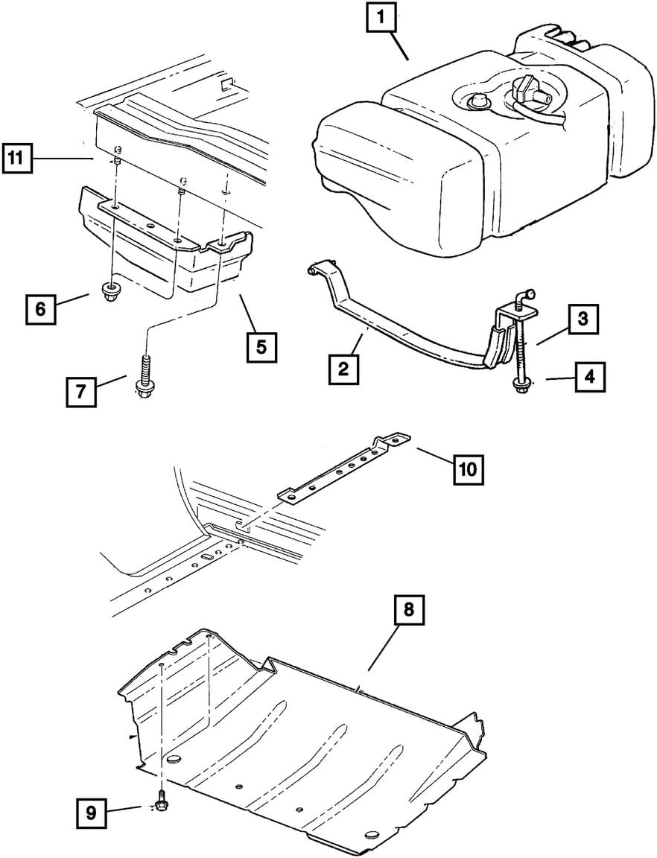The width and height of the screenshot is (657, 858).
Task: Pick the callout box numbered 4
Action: click(x=588, y=378)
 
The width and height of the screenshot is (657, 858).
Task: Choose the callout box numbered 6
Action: click(x=42, y=308)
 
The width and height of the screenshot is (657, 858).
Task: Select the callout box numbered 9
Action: click(x=90, y=812)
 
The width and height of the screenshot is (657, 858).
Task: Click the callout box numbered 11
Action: click(x=18, y=158)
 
